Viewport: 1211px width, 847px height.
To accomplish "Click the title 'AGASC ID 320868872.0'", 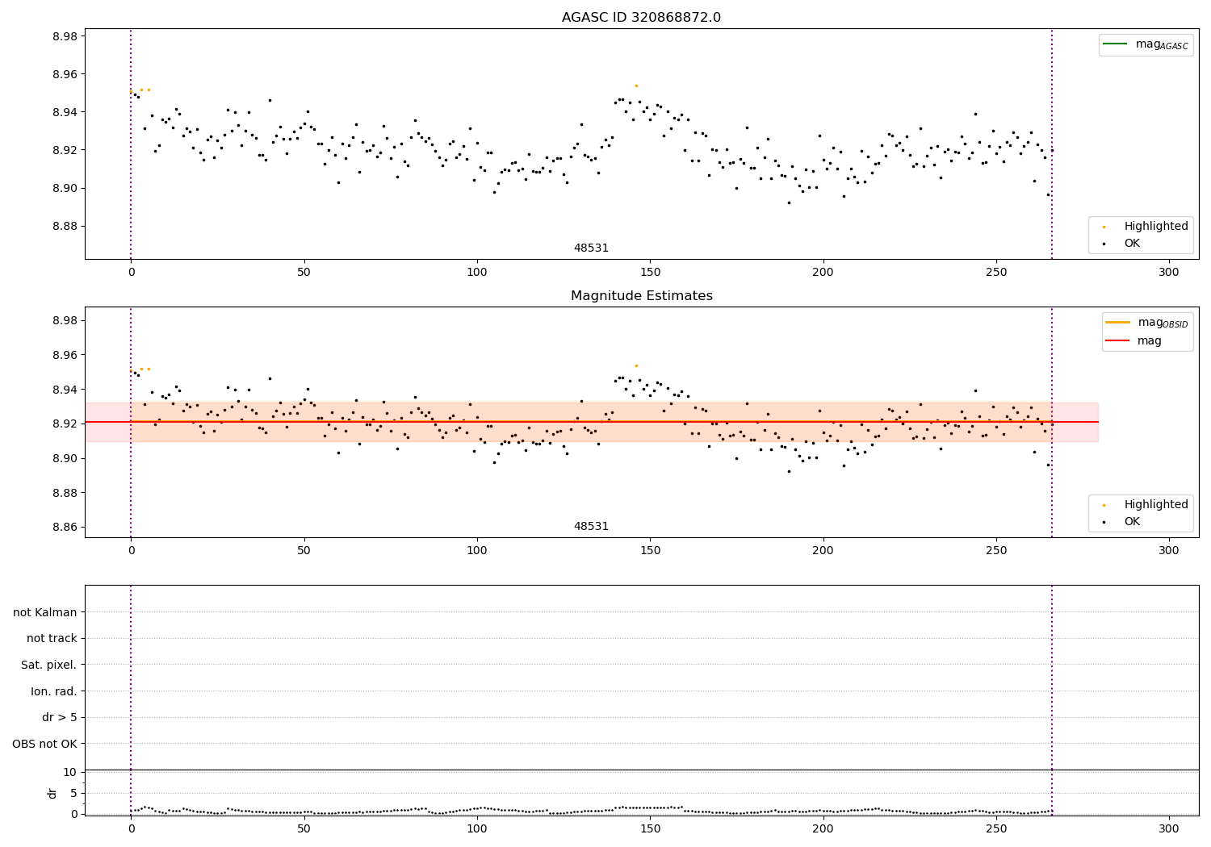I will (641, 18).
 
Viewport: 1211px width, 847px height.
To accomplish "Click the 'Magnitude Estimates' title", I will (641, 296).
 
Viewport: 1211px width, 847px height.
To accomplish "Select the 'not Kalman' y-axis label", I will (45, 612).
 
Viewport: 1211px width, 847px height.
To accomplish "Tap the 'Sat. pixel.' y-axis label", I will (49, 665).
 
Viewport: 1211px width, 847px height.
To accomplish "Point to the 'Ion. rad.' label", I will (54, 691).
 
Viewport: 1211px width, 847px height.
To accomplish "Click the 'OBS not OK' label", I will (45, 744).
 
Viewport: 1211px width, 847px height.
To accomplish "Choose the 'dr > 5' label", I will (60, 717).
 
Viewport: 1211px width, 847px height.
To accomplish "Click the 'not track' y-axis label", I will (52, 638).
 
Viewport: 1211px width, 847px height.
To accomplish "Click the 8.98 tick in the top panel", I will (64, 36).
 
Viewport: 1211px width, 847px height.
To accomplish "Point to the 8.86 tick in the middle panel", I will (64, 528).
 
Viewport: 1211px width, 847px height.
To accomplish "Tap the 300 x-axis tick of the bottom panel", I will (1169, 828).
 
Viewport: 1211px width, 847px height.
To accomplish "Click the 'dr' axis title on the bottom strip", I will (52, 793).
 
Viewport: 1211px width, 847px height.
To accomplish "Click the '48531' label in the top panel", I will (591, 248).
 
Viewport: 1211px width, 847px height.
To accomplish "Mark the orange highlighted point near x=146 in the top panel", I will (636, 86).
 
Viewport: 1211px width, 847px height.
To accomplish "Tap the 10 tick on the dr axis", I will (69, 772).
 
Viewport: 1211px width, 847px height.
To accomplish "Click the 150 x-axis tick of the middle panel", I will (650, 550).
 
